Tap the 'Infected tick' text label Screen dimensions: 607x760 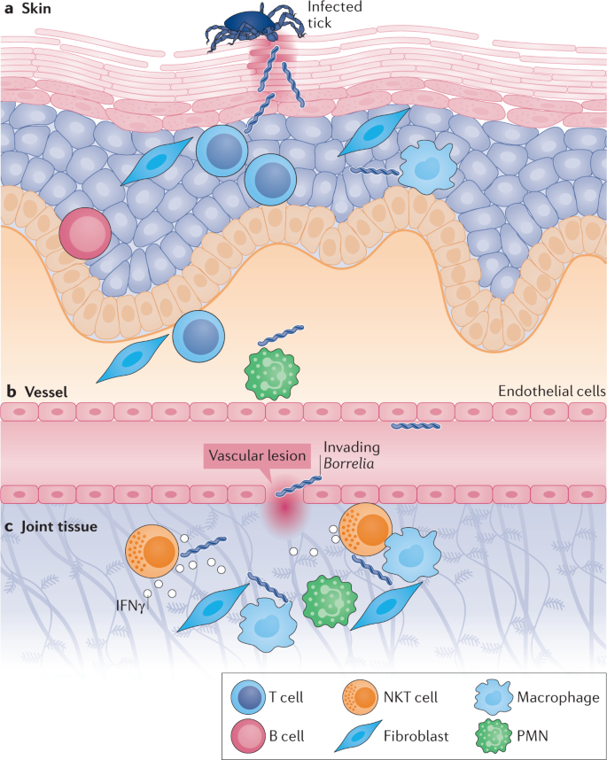[x=335, y=14]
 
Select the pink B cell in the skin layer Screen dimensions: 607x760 [x=85, y=234]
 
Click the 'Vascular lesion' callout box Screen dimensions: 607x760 [x=257, y=455]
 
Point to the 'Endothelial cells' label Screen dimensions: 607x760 [x=552, y=392]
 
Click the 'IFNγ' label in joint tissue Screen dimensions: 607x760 [x=130, y=605]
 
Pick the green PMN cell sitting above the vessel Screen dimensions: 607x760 [x=271, y=374]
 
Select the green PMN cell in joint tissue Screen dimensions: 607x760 [x=330, y=601]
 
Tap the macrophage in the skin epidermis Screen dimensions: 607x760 [x=427, y=167]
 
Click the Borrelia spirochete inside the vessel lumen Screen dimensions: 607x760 [x=416, y=426]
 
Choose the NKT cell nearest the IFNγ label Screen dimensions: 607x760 [x=152, y=551]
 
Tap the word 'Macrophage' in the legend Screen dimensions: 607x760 [x=558, y=697]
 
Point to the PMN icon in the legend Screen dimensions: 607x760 [x=493, y=736]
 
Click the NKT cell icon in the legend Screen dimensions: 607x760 [x=360, y=697]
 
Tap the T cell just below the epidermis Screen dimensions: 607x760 [x=198, y=337]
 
